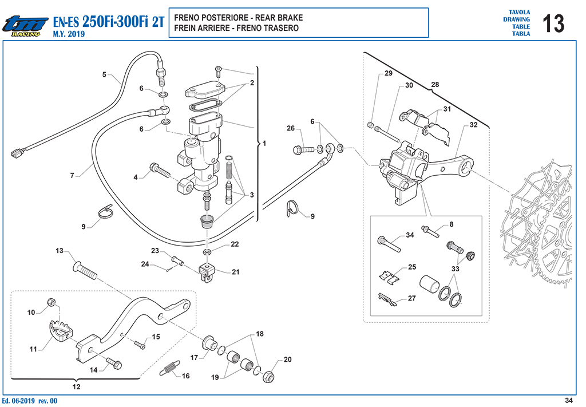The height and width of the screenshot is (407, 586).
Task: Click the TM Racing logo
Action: point(25,26)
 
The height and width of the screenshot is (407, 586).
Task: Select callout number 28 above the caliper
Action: point(435,85)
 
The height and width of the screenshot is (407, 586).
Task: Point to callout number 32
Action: point(473,125)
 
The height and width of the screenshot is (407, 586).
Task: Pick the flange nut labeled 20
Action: point(269,377)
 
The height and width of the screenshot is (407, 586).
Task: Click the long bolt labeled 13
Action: point(85,270)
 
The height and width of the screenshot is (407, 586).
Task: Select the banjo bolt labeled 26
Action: point(303,150)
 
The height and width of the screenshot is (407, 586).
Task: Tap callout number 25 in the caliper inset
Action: point(412,267)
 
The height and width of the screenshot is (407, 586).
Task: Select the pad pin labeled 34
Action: point(389,244)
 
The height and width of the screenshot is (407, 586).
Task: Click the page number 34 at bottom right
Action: point(568,400)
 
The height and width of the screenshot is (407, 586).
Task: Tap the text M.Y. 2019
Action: point(69,34)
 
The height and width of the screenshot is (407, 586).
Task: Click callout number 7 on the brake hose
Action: point(73,175)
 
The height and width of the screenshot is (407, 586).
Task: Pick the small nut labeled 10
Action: point(52,302)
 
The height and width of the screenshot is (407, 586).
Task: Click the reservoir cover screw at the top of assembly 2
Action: point(218,72)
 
